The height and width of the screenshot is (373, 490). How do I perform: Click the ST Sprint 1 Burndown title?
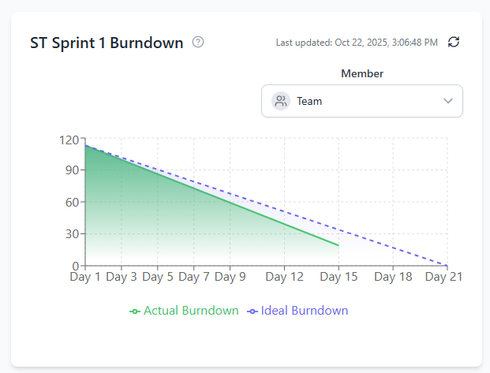[107, 42]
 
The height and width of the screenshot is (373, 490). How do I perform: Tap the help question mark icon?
[198, 42]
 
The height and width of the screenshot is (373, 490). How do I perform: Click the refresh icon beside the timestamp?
[453, 42]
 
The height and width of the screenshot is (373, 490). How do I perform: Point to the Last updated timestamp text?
[357, 43]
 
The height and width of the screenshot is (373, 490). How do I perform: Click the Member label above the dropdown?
[362, 73]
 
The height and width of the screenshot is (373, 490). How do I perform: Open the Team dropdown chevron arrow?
[448, 101]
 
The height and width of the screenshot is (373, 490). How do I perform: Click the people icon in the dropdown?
[280, 101]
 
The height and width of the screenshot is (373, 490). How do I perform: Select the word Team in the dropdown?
[309, 101]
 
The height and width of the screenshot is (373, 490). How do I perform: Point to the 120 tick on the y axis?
[69, 140]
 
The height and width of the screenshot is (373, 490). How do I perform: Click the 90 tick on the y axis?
[72, 170]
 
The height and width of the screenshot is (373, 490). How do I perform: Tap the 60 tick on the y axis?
[72, 202]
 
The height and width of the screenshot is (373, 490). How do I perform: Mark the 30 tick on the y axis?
[72, 233]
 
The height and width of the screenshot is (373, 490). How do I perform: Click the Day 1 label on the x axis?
[85, 277]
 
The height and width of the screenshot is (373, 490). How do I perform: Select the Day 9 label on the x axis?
[230, 277]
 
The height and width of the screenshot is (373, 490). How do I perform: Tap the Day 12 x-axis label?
[285, 277]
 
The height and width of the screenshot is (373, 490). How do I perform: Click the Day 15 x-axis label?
[339, 277]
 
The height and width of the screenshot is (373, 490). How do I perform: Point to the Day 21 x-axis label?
[443, 277]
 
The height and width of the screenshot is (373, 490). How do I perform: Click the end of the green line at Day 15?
[339, 245]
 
